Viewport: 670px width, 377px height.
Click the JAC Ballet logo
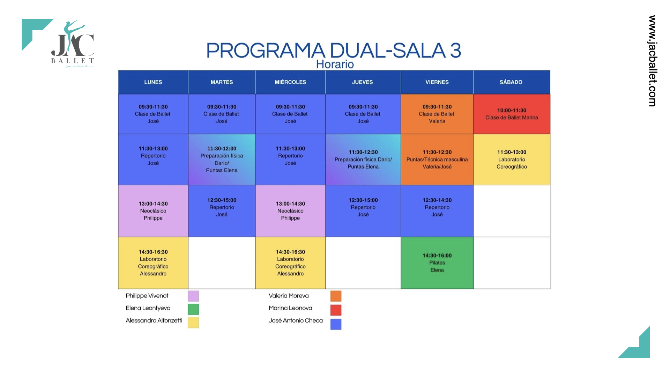73,44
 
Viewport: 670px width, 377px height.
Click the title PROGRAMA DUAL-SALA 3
334,50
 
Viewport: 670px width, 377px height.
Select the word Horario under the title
335,64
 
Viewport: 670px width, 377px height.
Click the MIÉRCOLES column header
290,82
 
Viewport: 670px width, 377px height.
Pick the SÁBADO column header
512,82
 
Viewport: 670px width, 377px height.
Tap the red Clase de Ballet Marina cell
512,114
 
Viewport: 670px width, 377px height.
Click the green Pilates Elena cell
437,263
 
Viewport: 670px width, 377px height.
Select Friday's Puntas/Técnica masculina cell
437,160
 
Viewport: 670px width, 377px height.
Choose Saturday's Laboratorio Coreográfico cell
512,160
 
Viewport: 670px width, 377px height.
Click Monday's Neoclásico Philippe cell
153,211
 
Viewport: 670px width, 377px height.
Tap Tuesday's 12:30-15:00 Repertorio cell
222,211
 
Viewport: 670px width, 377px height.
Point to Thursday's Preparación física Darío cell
363,160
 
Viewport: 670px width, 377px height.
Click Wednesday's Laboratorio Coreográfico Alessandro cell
290,263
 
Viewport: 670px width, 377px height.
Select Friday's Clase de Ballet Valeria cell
437,114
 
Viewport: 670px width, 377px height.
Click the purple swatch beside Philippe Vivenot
193,296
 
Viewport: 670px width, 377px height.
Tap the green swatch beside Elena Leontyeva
193,309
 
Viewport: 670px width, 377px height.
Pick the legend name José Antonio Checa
296,320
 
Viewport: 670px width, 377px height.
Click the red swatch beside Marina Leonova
336,310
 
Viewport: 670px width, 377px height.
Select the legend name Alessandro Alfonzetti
154,320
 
